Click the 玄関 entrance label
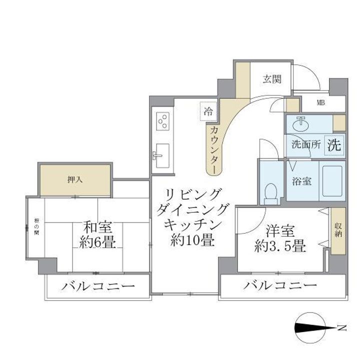coord(272,79)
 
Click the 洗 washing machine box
coord(334,144)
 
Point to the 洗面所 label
coord(305,145)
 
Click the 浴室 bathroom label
coord(301,181)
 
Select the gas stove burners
coord(163,121)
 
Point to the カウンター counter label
coord(213,149)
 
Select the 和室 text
coord(98,228)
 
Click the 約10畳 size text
coord(192,241)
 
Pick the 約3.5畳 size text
coord(279,246)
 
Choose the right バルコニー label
coord(280,286)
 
